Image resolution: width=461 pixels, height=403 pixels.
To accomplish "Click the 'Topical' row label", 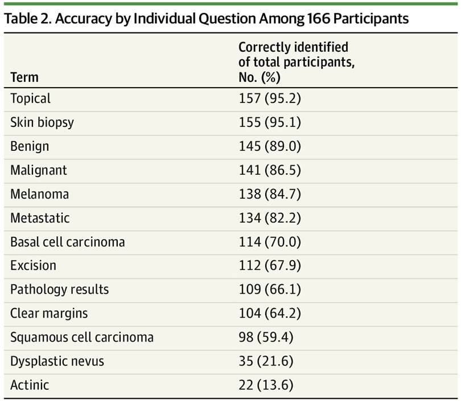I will (x=30, y=98).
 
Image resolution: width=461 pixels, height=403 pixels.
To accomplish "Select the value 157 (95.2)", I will (x=269, y=98).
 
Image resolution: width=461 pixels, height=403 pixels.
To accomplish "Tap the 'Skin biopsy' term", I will (x=42, y=122).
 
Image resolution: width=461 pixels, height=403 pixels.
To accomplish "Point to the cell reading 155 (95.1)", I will (x=269, y=122).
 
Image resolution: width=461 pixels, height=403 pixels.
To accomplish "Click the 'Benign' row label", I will (x=30, y=146).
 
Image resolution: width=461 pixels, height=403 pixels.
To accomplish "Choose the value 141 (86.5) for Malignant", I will (x=269, y=170).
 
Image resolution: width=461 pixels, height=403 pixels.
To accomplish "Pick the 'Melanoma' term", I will (x=39, y=194).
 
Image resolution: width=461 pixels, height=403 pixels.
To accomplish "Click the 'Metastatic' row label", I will (x=40, y=218).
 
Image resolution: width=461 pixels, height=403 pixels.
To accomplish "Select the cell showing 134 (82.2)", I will (x=269, y=218).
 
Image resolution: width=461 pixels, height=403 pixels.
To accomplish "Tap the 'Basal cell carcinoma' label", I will (x=67, y=242).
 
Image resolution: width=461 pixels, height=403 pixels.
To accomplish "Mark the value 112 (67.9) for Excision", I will (x=269, y=266).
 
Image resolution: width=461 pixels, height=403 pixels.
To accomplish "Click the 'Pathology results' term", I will (x=59, y=290).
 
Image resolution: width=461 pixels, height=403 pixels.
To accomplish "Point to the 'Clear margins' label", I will (x=49, y=314).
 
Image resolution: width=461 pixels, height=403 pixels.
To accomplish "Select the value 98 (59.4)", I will (x=266, y=338).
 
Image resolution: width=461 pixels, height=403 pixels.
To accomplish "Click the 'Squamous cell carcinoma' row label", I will (x=81, y=338).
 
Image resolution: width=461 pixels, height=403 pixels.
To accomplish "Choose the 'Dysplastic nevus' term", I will (x=57, y=361).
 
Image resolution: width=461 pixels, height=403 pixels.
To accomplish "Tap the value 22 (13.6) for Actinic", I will (x=266, y=385).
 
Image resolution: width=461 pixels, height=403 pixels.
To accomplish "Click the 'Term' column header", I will (x=24, y=77).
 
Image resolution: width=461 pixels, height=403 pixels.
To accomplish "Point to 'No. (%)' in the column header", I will (x=260, y=77).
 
